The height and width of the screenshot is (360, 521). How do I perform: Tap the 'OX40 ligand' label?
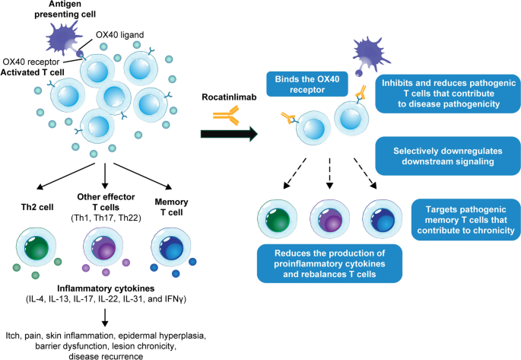point(119,34)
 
